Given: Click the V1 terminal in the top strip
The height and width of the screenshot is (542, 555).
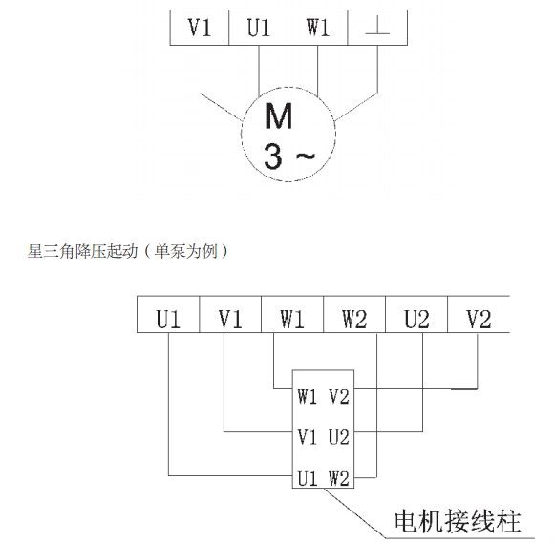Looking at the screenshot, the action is (200, 28).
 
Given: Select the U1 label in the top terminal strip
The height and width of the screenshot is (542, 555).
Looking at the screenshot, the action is (259, 28).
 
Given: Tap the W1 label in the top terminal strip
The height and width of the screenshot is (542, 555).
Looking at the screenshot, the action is (318, 28).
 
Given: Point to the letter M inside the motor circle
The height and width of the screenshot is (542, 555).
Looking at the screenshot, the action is (279, 116).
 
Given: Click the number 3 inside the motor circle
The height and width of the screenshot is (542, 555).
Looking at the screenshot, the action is (273, 156).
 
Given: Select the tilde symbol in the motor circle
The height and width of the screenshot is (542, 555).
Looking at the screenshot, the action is (305, 156).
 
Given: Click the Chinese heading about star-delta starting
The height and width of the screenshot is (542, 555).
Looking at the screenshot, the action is (128, 251).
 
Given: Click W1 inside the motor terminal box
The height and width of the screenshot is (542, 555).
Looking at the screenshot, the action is (307, 396).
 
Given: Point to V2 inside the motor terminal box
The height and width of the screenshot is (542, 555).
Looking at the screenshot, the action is (339, 396).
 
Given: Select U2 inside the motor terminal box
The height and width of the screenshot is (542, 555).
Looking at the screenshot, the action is (339, 437).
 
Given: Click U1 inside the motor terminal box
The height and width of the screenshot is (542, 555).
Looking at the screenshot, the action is (307, 479).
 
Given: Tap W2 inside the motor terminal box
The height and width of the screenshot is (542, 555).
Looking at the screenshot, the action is (339, 479).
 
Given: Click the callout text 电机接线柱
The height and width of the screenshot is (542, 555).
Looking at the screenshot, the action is (458, 521).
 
